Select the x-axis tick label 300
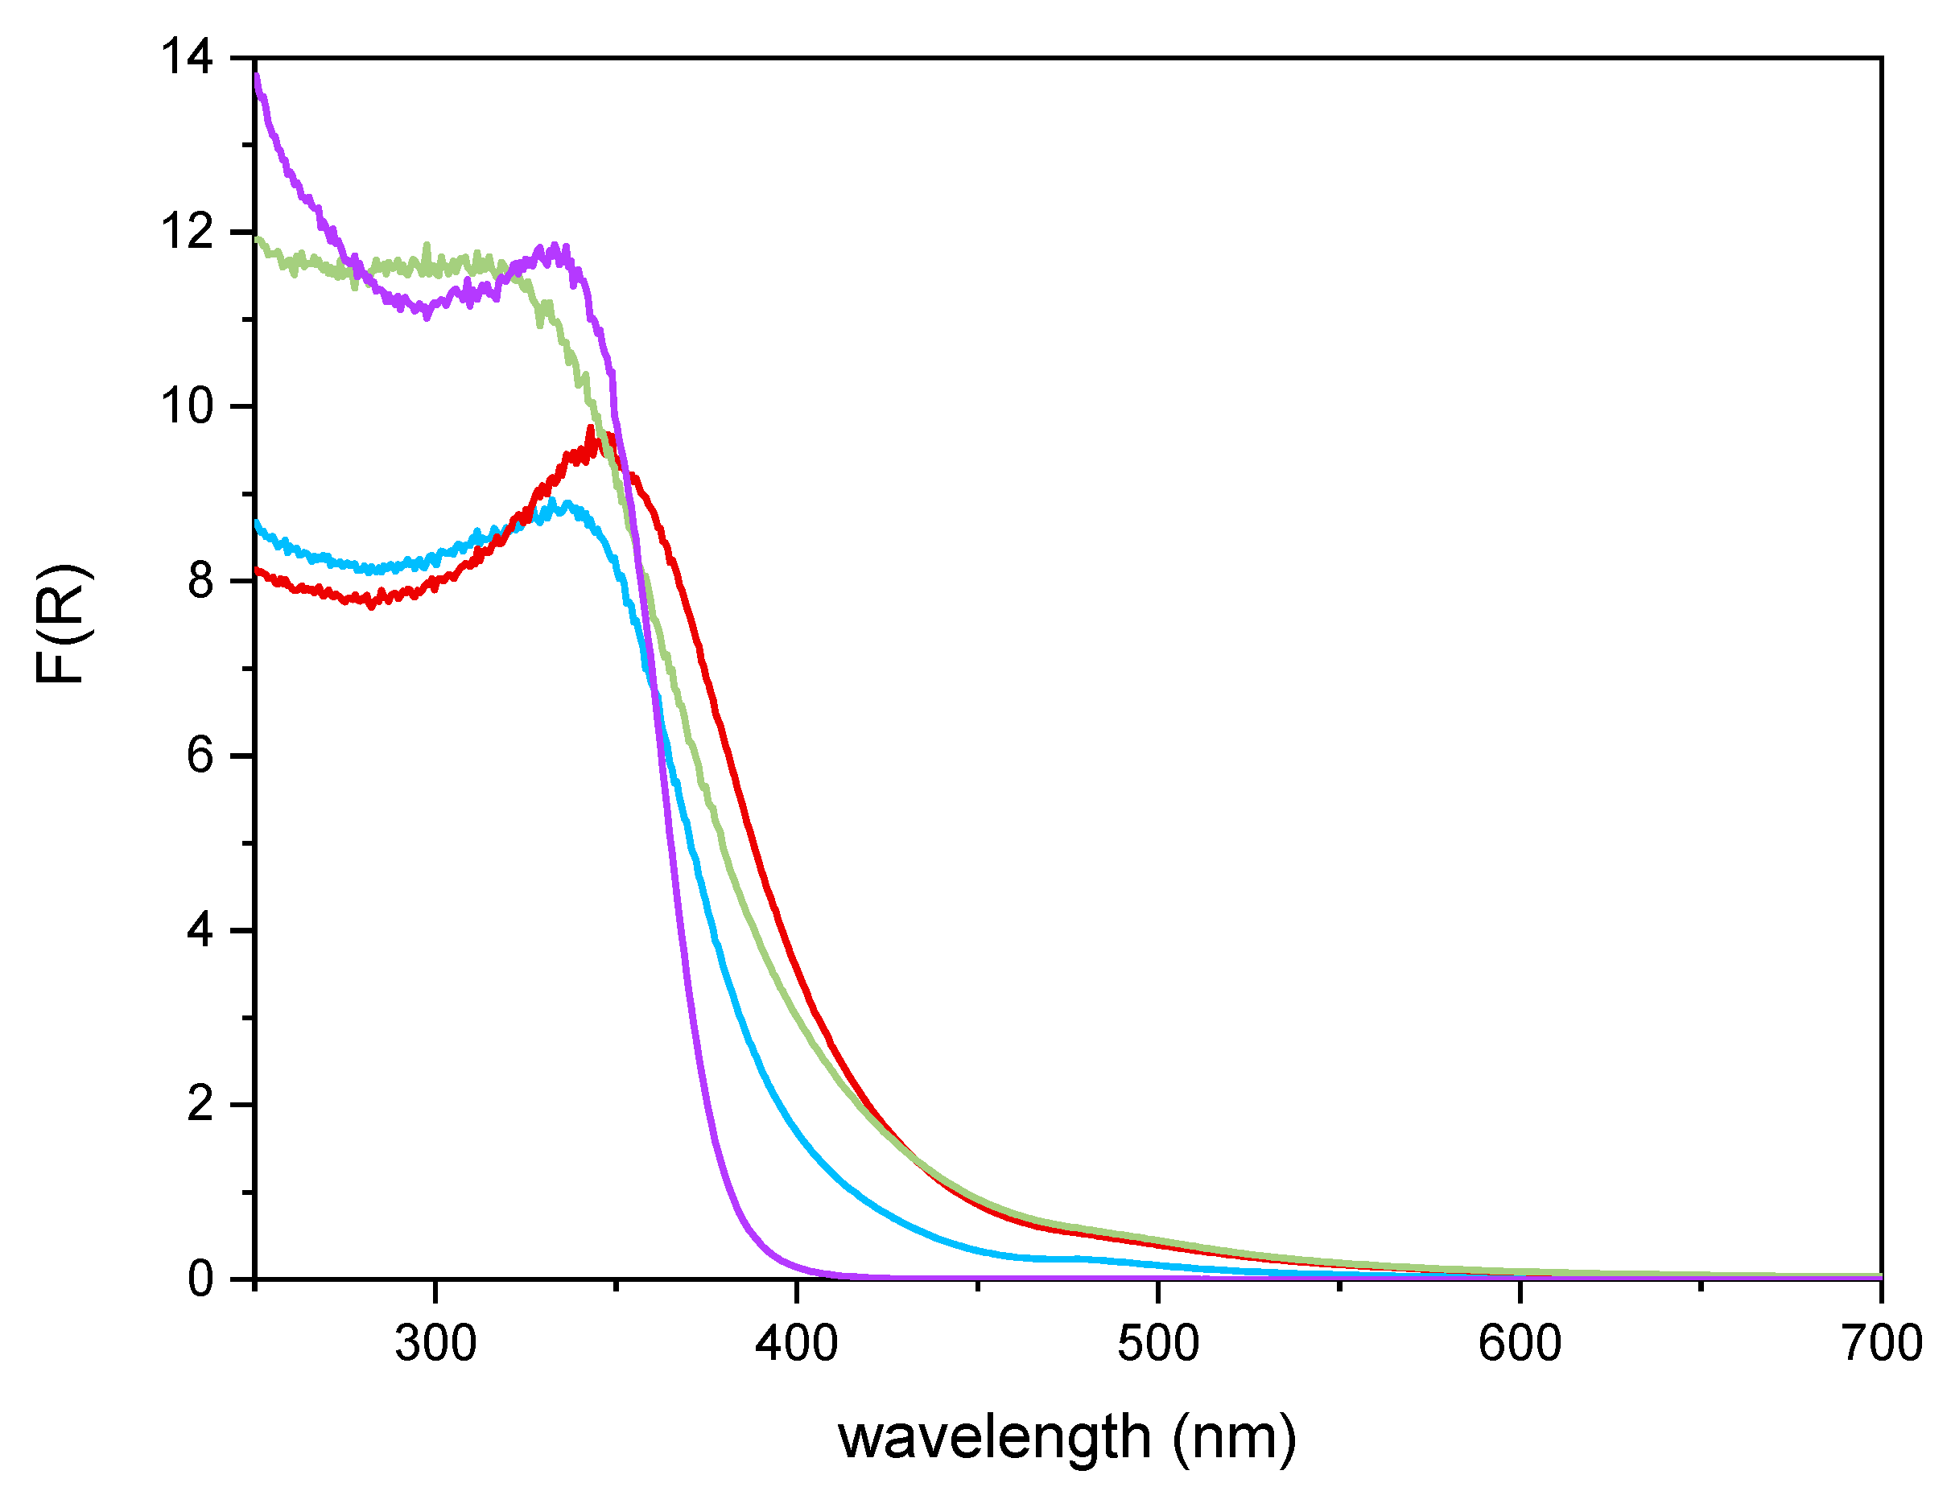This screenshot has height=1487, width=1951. (x=435, y=1344)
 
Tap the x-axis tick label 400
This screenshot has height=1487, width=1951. (x=796, y=1344)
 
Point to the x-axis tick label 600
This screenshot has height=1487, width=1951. (x=1519, y=1344)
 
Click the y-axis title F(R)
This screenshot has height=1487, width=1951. (x=62, y=624)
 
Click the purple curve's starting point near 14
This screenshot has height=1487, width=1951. (x=257, y=77)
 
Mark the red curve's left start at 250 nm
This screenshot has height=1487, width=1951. (x=257, y=570)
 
